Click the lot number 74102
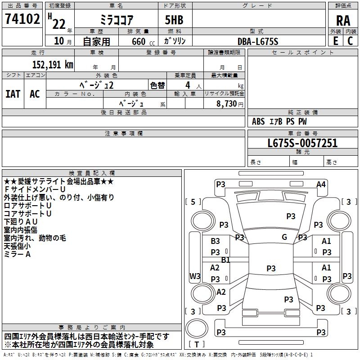click(x=22, y=19)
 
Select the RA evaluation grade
click(x=343, y=20)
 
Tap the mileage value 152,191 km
click(x=52, y=64)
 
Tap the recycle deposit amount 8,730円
click(x=229, y=104)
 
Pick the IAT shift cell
click(x=13, y=94)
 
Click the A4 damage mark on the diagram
click(x=321, y=184)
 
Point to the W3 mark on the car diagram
click(x=195, y=276)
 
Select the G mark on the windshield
click(x=284, y=237)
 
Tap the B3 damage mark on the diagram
click(x=216, y=242)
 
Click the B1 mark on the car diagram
click(x=225, y=260)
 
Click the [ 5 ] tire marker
click(x=193, y=202)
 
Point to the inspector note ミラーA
click(x=17, y=254)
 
